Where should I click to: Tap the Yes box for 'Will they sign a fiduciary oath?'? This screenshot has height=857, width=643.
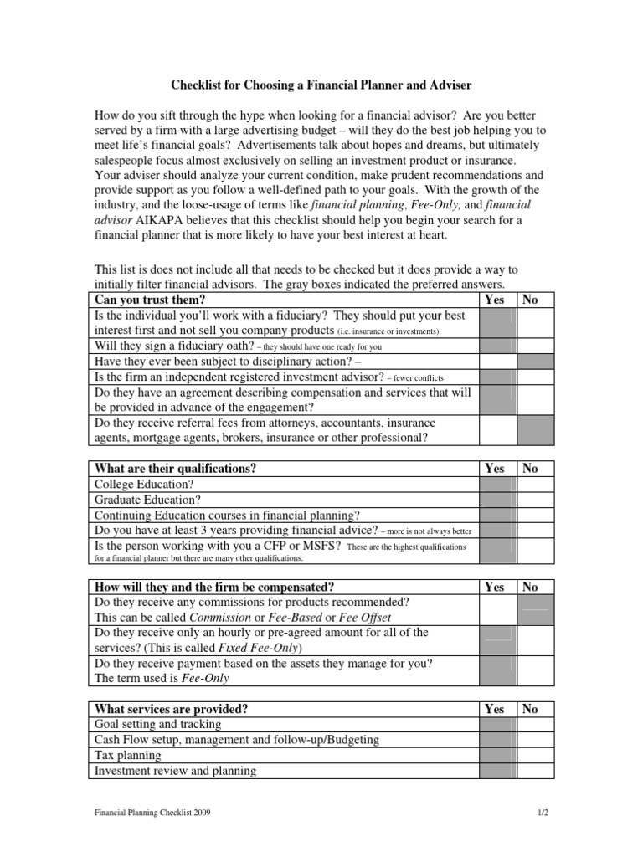point(497,346)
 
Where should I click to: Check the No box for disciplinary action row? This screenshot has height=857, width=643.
point(535,362)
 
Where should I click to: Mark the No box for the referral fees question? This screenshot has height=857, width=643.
point(535,430)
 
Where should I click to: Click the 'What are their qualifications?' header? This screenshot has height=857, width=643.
point(176,469)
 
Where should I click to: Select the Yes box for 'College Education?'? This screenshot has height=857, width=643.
point(497,485)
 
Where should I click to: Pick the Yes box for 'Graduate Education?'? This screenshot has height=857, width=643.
point(497,500)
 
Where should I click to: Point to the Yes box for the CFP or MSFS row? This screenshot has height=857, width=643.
point(497,552)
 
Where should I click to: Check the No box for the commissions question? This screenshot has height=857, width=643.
point(535,610)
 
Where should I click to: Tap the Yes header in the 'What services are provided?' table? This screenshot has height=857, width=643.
point(495,709)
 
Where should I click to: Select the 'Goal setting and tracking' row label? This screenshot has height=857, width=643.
point(158,724)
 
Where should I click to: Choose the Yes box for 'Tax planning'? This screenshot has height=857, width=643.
point(497,756)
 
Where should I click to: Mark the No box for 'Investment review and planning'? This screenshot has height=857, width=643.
point(535,771)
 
